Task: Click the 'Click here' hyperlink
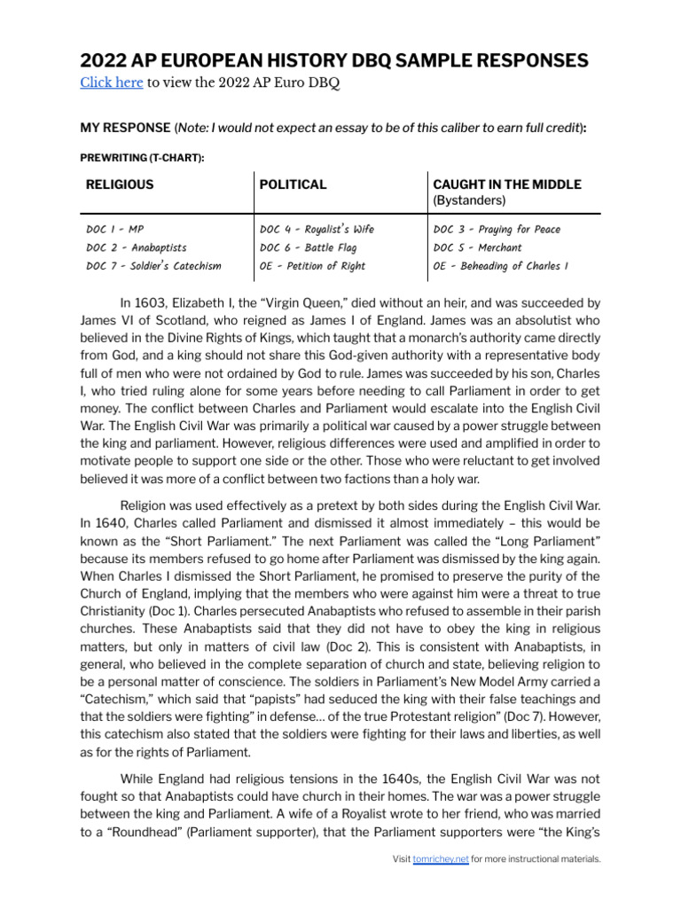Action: click(x=111, y=83)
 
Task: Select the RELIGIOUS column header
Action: click(x=120, y=185)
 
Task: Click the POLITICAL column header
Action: click(x=293, y=185)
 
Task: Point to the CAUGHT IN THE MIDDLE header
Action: click(x=506, y=185)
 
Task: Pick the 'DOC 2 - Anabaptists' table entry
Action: click(x=137, y=248)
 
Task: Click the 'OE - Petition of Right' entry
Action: click(x=312, y=266)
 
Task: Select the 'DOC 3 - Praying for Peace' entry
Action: click(x=497, y=230)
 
